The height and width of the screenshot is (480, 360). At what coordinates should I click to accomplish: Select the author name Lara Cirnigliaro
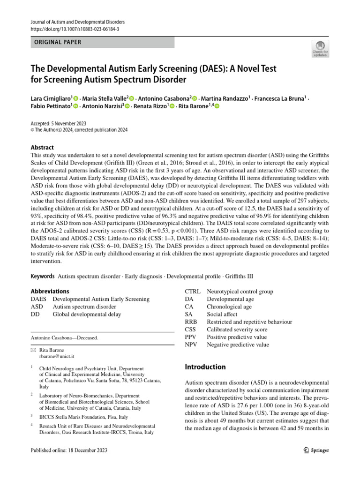click(50, 98)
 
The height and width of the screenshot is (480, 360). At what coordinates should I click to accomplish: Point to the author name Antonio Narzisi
click(100, 106)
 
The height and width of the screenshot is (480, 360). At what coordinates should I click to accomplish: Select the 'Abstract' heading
click(42, 147)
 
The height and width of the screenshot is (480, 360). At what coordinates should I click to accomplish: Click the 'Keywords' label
click(43, 276)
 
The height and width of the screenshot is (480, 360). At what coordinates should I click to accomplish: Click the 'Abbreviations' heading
click(50, 291)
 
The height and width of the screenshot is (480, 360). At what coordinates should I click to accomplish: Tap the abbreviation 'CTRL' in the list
click(193, 292)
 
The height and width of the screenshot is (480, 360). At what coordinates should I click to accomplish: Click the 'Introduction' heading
click(205, 367)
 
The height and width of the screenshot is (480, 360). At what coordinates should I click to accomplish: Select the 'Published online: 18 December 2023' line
click(69, 450)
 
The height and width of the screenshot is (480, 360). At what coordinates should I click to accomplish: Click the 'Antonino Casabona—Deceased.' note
click(65, 337)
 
